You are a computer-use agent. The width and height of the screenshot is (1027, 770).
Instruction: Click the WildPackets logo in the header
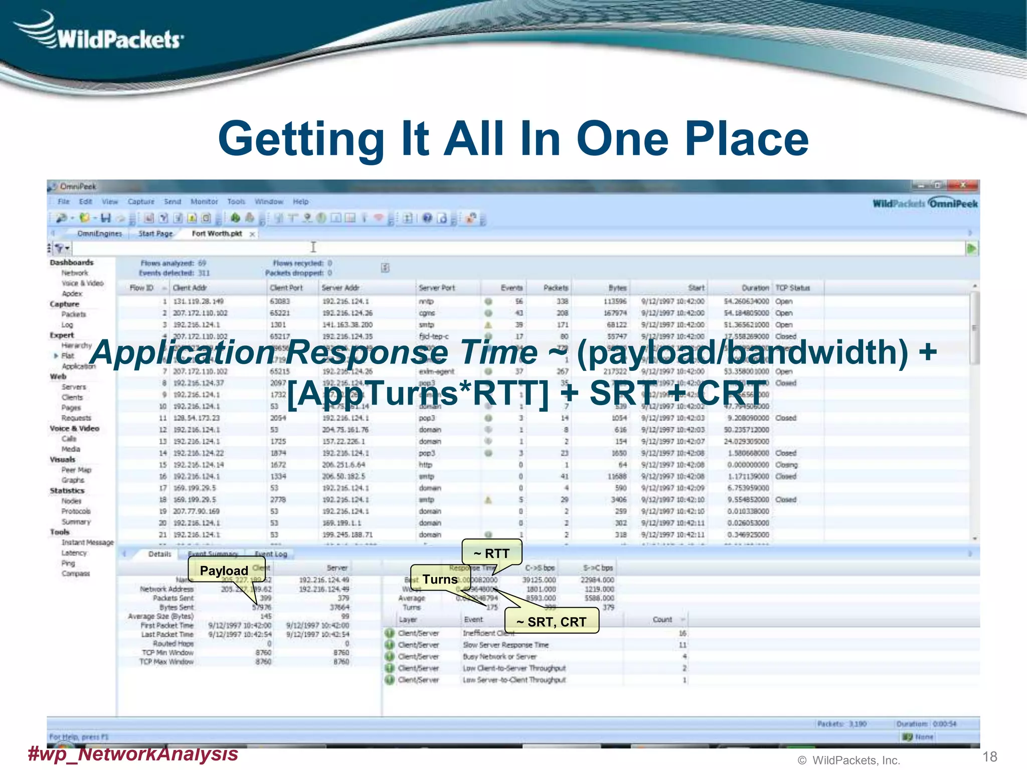pos(100,33)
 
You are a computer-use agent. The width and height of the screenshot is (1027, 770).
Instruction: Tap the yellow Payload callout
pos(224,570)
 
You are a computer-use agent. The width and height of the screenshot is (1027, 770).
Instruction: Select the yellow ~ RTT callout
pos(492,553)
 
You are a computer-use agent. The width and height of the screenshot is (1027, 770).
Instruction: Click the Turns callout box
pos(440,580)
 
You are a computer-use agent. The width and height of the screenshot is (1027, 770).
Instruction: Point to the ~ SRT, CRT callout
pos(552,622)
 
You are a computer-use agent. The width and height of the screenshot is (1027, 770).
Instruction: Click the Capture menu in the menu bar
pos(141,202)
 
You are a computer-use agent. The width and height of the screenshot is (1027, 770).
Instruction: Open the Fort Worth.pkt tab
pos(217,234)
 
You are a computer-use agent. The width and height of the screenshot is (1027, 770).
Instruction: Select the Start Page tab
pos(155,234)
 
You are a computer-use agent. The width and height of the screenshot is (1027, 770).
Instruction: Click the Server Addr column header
pos(340,288)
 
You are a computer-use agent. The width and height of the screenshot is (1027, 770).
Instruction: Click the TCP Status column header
pos(792,288)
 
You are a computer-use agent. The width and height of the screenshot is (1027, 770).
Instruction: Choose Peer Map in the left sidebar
pos(76,470)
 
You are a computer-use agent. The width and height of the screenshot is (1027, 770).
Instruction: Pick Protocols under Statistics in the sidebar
pos(76,511)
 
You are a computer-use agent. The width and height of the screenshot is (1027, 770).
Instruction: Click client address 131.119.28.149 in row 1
pos(199,301)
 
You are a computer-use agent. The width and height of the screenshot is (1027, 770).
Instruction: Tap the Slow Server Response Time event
pos(505,645)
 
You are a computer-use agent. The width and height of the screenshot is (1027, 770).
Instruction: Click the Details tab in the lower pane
pos(160,554)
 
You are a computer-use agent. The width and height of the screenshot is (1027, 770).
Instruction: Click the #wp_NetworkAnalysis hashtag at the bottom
pos(133,753)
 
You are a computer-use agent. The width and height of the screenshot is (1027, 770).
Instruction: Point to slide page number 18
pos(989,756)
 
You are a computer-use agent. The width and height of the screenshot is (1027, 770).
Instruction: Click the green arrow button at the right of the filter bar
pos(971,248)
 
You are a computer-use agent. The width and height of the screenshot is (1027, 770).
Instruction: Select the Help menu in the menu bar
pos(300,202)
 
